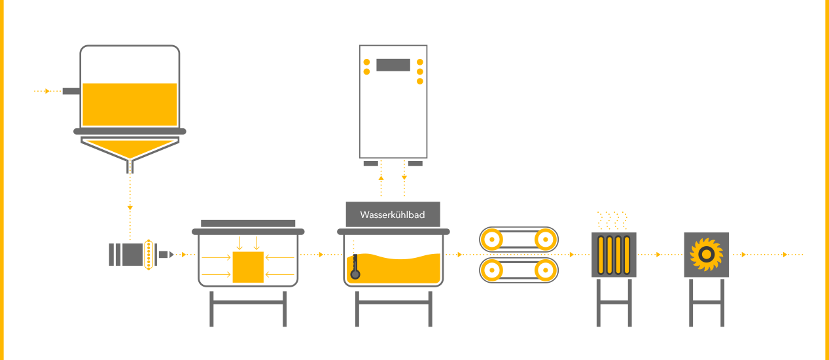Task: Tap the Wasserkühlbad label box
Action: [393, 215]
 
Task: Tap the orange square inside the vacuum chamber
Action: [248, 267]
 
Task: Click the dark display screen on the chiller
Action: [393, 65]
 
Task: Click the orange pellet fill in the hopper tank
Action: [130, 105]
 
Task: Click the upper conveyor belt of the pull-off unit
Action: [520, 240]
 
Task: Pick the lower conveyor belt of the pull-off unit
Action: [520, 270]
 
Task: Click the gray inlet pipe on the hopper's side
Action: [71, 92]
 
